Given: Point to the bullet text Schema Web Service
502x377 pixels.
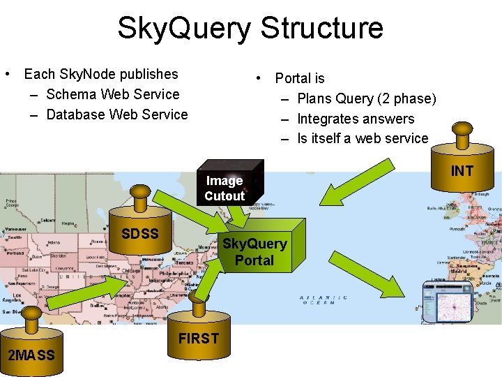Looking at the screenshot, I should click(x=112, y=94).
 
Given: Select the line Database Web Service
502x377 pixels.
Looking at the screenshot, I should click(x=116, y=114).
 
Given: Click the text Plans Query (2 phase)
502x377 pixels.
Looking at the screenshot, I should click(x=366, y=98).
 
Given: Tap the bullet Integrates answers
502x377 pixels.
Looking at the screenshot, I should click(x=356, y=119).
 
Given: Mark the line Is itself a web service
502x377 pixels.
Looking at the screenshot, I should click(x=363, y=138).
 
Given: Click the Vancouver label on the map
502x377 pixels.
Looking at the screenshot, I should click(x=14, y=229).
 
